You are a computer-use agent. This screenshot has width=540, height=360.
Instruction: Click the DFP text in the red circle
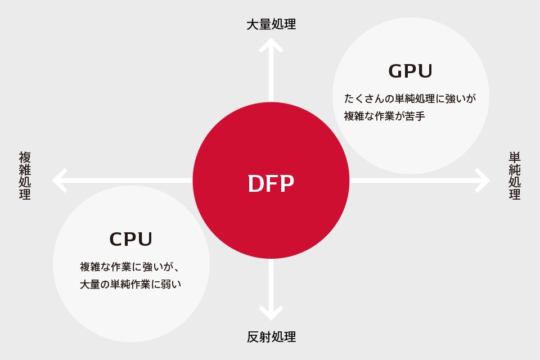coord(271,184)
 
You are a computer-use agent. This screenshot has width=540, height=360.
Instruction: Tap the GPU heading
coord(411,71)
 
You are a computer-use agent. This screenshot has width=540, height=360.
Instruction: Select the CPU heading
coord(131,240)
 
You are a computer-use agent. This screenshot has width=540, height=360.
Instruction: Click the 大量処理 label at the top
coord(271,24)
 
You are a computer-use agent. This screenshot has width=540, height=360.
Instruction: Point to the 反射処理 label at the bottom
coord(271,337)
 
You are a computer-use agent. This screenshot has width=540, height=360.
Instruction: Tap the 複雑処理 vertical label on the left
coord(25,175)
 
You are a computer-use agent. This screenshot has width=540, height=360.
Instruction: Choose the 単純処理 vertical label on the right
coord(515,175)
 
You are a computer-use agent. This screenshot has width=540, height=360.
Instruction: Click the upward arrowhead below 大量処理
coord(271,45)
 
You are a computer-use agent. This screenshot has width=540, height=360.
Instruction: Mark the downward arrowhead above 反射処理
coord(271,313)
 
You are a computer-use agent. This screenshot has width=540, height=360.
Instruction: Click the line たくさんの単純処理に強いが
coord(410,98)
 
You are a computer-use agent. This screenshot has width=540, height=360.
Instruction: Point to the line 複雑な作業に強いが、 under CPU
coord(130,267)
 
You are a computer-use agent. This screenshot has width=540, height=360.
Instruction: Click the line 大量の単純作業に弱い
coord(130,285)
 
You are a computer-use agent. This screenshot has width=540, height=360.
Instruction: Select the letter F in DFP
coord(271,184)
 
